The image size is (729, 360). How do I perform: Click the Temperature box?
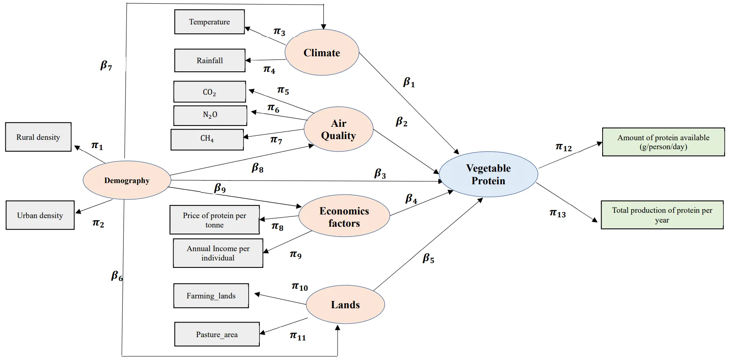click(x=210, y=22)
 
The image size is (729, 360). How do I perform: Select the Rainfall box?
click(x=210, y=60)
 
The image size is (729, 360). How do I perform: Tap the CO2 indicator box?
click(x=210, y=92)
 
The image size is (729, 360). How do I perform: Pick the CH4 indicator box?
click(x=207, y=139)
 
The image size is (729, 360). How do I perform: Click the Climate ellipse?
click(x=322, y=53)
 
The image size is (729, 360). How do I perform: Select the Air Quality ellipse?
click(x=338, y=129)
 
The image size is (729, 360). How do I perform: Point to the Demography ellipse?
click(x=127, y=180)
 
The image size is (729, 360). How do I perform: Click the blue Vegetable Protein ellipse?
click(x=488, y=174)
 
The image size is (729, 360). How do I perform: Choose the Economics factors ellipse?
click(x=344, y=216)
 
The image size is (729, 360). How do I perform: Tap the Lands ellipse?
click(x=345, y=305)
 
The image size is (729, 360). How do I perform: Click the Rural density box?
click(x=38, y=137)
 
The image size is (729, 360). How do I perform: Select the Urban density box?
click(x=40, y=215)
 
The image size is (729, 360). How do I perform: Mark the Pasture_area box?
click(x=217, y=334)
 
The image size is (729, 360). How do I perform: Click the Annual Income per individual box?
click(x=218, y=253)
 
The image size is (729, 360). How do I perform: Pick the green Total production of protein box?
click(x=662, y=215)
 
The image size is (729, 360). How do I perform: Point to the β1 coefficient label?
click(x=409, y=83)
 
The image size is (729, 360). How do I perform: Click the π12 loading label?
click(x=563, y=147)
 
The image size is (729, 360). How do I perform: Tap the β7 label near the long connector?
click(x=106, y=66)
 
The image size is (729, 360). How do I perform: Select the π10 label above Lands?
click(x=300, y=287)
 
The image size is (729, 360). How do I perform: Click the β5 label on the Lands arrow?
click(x=428, y=258)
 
